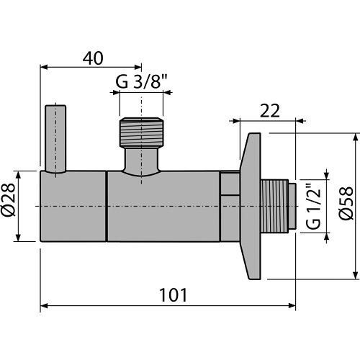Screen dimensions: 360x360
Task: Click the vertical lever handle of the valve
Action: [x=55, y=140]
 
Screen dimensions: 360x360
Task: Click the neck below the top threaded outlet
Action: [x=141, y=160]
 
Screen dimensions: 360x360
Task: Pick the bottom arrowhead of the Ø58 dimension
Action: [x=355, y=276]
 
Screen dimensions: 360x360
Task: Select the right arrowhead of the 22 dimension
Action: [x=293, y=120]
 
